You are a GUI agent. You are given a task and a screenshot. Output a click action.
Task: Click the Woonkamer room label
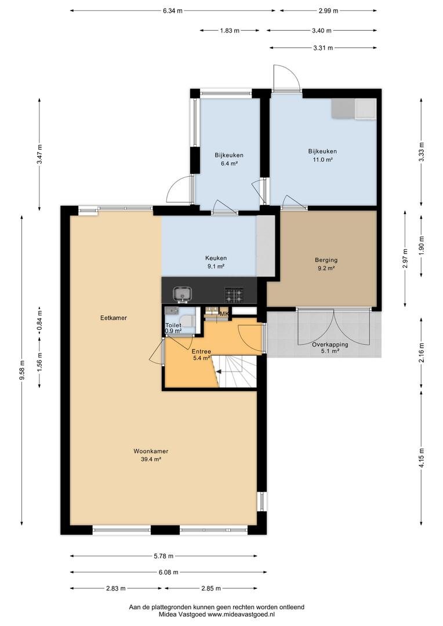tap(151, 451)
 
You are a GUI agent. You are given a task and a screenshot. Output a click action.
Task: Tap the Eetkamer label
tap(114, 318)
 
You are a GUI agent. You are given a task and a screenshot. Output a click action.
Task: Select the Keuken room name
tap(216, 258)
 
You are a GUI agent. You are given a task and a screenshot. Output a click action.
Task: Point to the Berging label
tap(326, 260)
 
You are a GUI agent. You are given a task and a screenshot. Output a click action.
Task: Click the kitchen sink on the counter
tap(183, 294)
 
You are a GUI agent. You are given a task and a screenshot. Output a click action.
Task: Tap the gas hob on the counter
tap(234, 295)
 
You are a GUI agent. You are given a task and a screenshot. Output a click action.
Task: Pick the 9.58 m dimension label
tap(22, 371)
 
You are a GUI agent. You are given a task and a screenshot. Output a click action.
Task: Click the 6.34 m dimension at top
tap(173, 11)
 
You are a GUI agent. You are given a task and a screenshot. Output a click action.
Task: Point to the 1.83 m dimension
tap(230, 30)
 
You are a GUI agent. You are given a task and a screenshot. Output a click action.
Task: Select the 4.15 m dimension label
tap(422, 458)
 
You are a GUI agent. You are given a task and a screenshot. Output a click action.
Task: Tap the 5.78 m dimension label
tap(164, 556)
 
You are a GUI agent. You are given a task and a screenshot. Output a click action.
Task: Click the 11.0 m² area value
tap(322, 160)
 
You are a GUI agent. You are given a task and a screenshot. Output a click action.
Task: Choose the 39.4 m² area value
tap(151, 459)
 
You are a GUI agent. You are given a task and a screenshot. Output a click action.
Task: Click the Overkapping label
tap(330, 344)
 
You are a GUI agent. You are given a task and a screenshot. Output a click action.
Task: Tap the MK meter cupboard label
tap(224, 314)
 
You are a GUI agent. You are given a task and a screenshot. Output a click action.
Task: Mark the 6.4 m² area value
tap(229, 163)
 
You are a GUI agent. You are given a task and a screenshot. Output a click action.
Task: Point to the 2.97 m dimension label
tap(405, 259)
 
